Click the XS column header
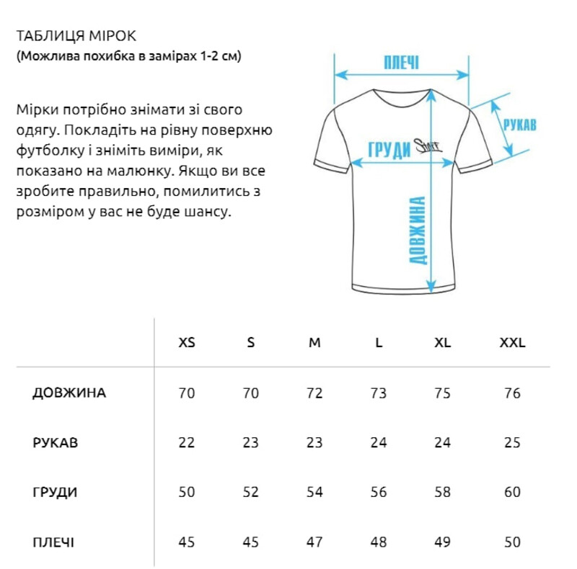point(187,343)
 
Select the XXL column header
point(513,343)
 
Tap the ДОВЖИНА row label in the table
point(69,393)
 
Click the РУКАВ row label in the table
point(56,442)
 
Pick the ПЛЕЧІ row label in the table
point(53,542)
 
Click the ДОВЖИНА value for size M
point(314,393)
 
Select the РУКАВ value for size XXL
point(513,442)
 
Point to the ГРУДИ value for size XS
point(187,493)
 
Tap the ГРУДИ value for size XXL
point(513,493)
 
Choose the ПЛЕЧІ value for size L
point(379,542)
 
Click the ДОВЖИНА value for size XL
point(443,393)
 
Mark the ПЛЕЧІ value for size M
point(314,542)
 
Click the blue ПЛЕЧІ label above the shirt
point(402,63)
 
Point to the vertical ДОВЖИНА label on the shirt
point(416,230)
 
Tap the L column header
point(379,343)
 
